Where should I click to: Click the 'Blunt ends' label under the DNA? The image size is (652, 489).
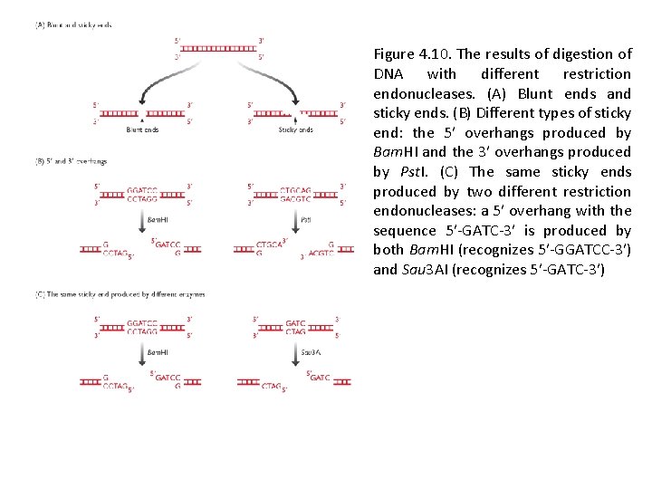pos(142,130)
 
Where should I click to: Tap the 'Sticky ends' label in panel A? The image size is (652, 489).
pos(296,130)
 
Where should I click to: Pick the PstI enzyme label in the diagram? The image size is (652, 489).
pos(305,219)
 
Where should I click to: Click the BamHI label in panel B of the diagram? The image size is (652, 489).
pos(158,219)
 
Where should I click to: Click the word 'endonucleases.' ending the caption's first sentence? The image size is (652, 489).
pos(419,94)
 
